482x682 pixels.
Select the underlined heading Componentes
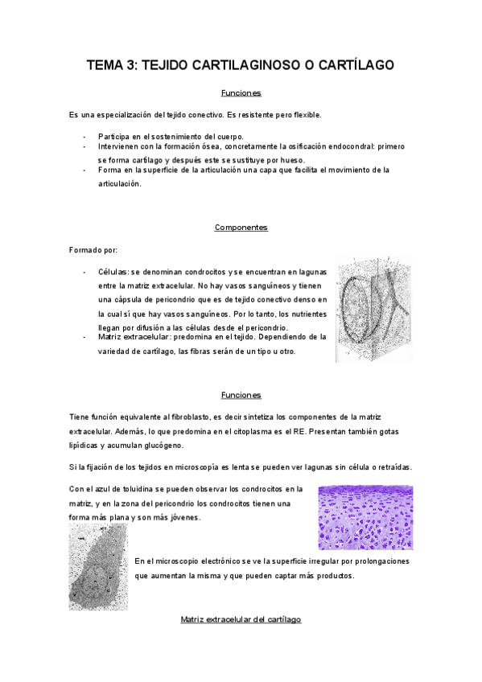coord(241,228)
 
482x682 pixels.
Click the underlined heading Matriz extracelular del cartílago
coord(241,620)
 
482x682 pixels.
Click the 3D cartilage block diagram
coord(373,309)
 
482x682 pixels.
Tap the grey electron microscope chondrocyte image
coord(98,566)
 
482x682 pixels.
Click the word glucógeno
coord(163,445)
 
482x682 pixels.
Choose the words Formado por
coord(93,250)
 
